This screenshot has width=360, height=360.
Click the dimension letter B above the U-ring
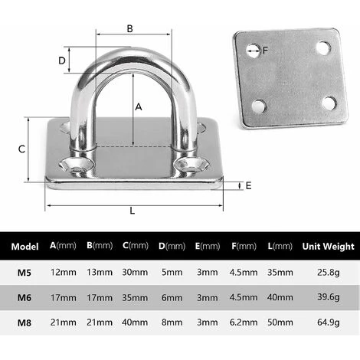point(129,28)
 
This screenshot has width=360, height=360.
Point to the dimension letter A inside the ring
point(139,108)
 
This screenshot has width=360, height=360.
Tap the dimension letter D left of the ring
point(61,60)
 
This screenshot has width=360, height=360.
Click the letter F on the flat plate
point(266,52)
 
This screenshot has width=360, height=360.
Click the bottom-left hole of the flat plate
point(260,106)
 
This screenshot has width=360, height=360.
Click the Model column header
point(25,247)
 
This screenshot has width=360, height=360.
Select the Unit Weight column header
point(327,247)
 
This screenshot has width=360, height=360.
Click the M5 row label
point(25,273)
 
